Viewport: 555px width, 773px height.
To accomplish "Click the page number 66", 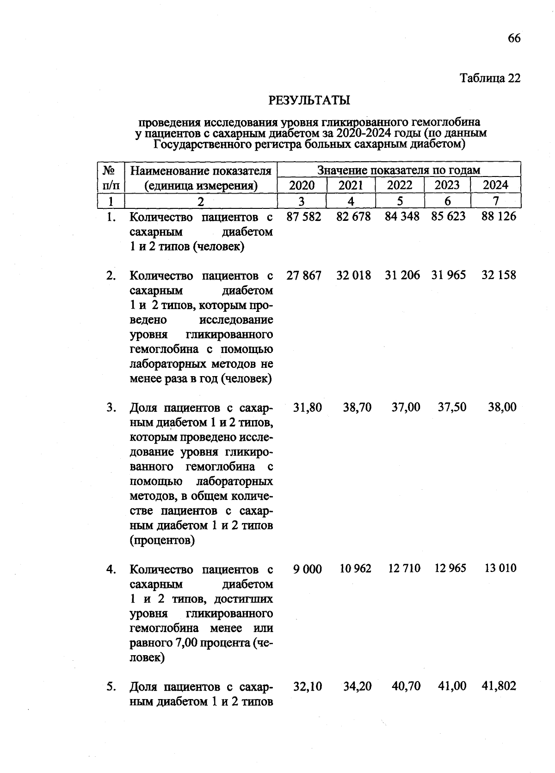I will [514, 38].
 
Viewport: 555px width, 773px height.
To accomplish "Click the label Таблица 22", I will [490, 78].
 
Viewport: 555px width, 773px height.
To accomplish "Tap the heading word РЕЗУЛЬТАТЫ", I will [309, 100].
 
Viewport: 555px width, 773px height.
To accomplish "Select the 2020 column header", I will [302, 185].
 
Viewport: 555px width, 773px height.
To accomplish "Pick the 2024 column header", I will [495, 185].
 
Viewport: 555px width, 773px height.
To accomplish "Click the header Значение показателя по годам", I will [399, 170].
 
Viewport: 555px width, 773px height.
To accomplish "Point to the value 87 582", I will [303, 217].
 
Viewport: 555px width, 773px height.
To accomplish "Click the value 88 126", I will [499, 217].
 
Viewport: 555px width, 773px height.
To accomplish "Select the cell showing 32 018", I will [353, 275].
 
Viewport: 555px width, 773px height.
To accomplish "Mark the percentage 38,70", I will [357, 408].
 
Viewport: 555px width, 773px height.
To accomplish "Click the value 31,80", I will [308, 408].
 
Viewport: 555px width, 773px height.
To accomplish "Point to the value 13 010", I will [500, 568].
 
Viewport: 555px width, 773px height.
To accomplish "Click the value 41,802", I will [499, 686].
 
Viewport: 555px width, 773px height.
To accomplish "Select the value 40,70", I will [406, 686].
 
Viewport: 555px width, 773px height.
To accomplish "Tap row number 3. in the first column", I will [111, 408].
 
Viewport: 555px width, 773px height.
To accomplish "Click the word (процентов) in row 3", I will [162, 540].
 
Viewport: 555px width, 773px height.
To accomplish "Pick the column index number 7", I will [495, 201].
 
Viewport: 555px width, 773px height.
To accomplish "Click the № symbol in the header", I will [109, 170].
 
